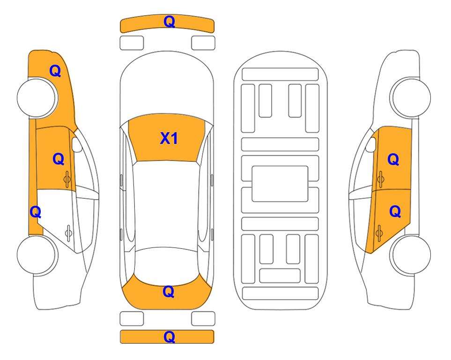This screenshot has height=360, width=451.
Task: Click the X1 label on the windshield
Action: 169,138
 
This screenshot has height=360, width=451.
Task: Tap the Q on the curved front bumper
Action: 169,22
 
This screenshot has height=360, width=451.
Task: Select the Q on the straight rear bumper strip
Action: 169,337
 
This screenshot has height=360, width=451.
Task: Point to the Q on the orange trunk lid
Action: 169,292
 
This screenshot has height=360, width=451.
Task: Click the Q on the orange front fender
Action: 55,71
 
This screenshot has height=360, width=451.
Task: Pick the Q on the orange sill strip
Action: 36,212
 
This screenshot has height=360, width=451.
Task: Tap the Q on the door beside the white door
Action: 59,159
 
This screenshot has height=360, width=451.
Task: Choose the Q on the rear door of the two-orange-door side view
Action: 395,212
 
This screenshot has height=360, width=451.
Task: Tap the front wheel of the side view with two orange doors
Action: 410,98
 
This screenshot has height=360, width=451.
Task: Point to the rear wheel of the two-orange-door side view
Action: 410,255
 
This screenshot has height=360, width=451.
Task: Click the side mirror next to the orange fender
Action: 76,144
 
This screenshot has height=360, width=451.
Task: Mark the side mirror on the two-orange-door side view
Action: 371,144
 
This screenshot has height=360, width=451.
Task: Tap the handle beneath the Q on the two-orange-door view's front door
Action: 380,179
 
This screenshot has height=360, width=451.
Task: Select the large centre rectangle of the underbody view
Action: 280,184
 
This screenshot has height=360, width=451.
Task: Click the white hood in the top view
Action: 167,86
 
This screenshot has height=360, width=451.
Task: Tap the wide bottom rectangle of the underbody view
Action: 281,293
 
